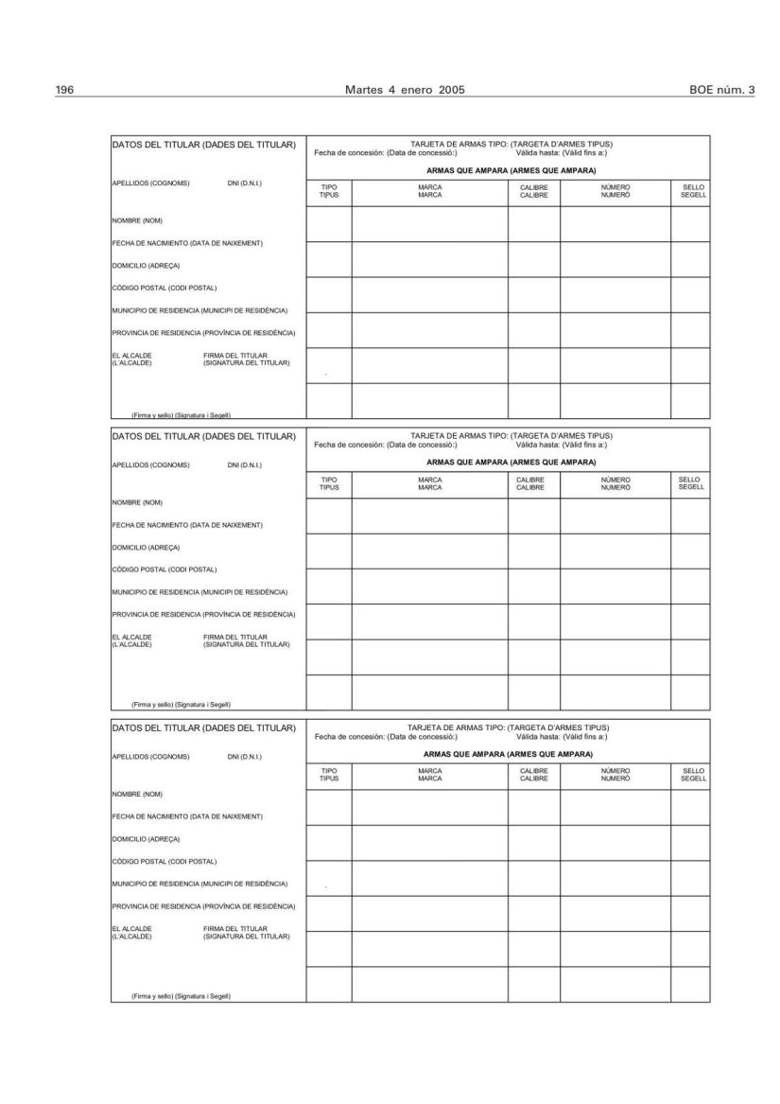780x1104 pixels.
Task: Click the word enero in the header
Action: (414, 90)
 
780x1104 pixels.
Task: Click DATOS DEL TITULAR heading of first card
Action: (203, 145)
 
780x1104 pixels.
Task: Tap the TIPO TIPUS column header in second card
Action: (329, 483)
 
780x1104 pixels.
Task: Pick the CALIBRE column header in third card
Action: (534, 775)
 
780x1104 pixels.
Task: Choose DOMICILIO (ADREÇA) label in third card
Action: (147, 838)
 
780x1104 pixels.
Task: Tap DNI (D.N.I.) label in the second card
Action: (245, 464)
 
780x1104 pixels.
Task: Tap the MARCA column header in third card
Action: (430, 775)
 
